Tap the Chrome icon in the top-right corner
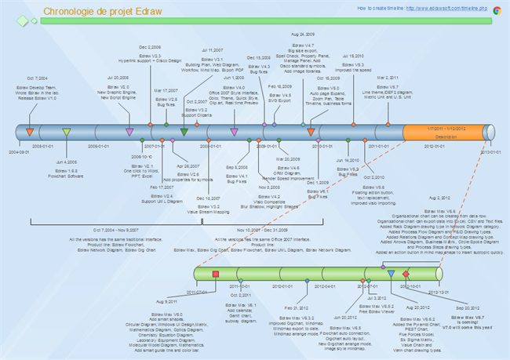tap(497, 9)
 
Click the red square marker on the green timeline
tap(216, 274)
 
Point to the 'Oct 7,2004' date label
tap(37, 78)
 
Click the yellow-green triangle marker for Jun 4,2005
tap(67, 133)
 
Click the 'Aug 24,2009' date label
tap(302, 35)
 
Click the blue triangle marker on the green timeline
tap(391, 274)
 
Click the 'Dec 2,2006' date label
tap(150, 47)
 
